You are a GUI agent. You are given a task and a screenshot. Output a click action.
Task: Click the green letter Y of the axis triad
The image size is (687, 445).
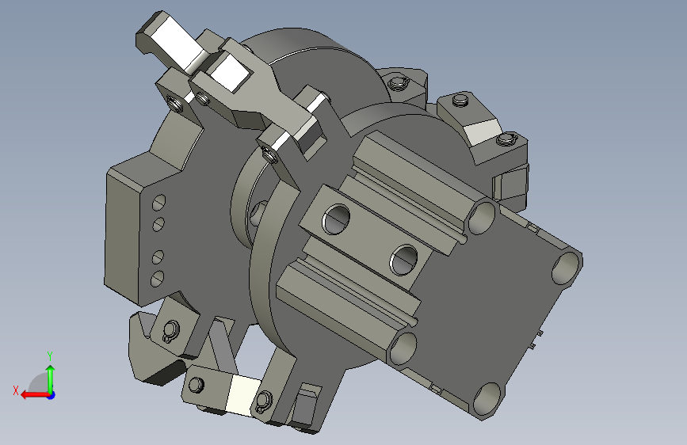pos(50,356)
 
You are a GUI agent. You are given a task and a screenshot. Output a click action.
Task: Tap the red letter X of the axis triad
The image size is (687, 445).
pos(16,390)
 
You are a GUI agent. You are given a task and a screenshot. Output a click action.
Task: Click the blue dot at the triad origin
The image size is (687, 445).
pos(52,395)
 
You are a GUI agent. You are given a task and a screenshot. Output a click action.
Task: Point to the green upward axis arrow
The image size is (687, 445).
pos(51,379)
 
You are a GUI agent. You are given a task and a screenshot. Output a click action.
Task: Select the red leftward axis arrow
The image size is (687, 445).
pos(35,395)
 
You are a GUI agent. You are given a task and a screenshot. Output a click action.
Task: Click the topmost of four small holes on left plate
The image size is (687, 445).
pos(158,203)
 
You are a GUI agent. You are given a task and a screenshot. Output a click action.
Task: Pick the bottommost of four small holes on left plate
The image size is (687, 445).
pos(157,279)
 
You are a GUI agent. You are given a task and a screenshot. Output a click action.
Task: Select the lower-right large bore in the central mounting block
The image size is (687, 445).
pos(404,261)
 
